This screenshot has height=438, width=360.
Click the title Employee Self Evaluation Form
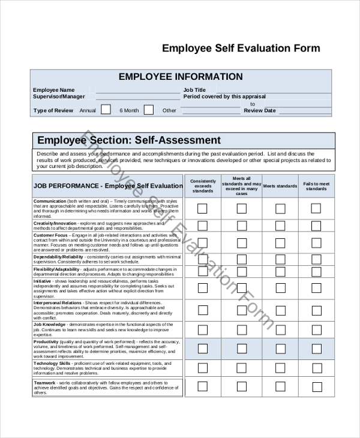pos(241,49)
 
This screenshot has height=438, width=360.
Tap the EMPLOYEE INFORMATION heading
pos(181,77)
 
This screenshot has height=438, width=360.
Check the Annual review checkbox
pos(106,110)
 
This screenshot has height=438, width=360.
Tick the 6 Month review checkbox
pos(149,110)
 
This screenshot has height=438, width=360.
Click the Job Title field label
pos(194,90)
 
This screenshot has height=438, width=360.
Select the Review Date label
pos(260,110)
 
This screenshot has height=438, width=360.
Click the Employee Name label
pos(53,90)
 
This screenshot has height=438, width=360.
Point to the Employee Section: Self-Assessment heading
pos(129,140)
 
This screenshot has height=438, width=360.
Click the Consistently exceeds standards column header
pos(203,186)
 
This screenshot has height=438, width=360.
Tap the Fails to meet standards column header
pos(316,186)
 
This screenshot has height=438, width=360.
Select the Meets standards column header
pos(280,186)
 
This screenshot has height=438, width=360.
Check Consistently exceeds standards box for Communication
pos(203,209)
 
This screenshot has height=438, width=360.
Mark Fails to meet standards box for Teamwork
pos(316,386)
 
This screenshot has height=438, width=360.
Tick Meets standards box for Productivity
pos(280,348)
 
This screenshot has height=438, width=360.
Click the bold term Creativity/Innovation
pos(55,223)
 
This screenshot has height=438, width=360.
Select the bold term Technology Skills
pos(52,364)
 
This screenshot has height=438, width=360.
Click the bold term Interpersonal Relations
pos(58,303)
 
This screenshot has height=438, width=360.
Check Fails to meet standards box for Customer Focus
pos(316,243)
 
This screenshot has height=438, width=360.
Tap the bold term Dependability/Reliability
pos(58,257)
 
